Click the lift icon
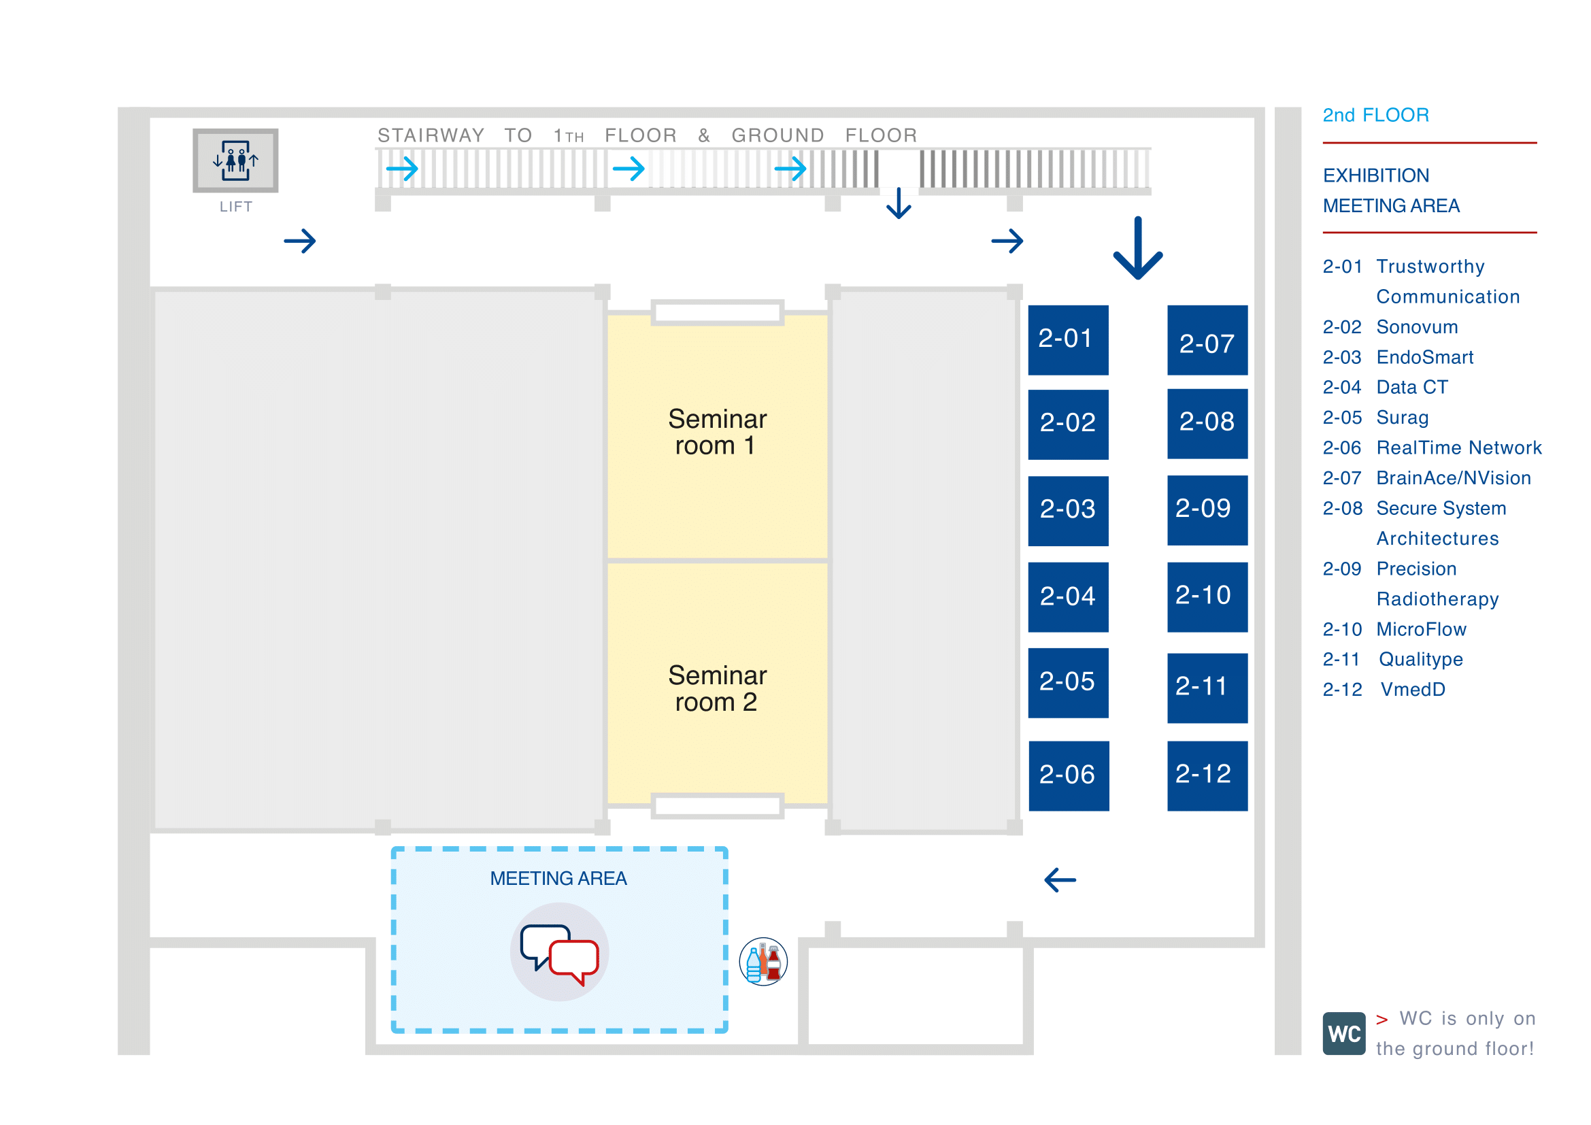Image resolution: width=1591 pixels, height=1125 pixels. pyautogui.click(x=235, y=161)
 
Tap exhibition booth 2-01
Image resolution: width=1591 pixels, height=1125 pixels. pyautogui.click(x=1067, y=339)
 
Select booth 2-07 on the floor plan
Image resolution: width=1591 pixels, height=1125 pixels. pyautogui.click(x=1207, y=340)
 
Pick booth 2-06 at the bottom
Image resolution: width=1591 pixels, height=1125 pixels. pyautogui.click(x=1068, y=775)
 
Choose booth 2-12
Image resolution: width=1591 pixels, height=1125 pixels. pyautogui.click(x=1207, y=775)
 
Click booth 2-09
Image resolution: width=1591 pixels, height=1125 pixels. pyautogui.click(x=1207, y=510)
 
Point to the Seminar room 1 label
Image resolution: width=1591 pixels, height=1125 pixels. pyautogui.click(x=716, y=432)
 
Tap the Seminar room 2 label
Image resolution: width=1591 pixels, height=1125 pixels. pyautogui.click(x=716, y=688)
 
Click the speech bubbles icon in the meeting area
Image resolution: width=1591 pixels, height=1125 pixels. pyautogui.click(x=559, y=952)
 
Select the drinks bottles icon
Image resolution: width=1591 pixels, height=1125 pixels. pyautogui.click(x=763, y=962)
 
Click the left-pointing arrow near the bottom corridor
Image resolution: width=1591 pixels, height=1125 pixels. pyautogui.click(x=1060, y=879)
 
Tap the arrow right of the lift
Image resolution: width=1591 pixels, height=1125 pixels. pyautogui.click(x=300, y=241)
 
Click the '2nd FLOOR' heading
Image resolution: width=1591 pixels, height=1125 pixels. pyautogui.click(x=1375, y=115)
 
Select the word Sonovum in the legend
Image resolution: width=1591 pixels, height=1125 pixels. pyautogui.click(x=1416, y=327)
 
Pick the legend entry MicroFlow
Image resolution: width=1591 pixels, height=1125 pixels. pyautogui.click(x=1420, y=629)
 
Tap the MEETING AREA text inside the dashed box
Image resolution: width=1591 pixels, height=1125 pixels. pyautogui.click(x=558, y=878)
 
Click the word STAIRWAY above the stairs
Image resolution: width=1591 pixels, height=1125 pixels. pyautogui.click(x=431, y=135)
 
